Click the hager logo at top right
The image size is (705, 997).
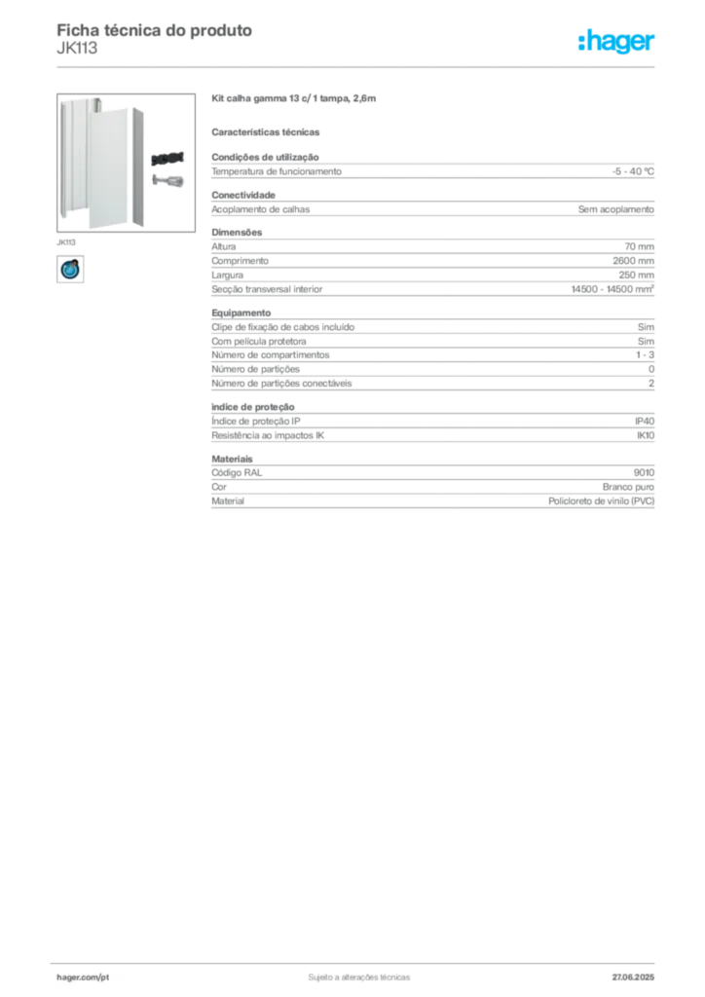[616, 41]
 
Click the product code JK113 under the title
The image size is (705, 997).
[77, 49]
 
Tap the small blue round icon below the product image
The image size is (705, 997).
[70, 269]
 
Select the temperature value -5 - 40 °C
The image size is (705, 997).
[633, 171]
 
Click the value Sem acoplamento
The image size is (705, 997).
[616, 209]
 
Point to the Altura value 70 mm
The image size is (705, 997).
[639, 246]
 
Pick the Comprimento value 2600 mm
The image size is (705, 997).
[633, 261]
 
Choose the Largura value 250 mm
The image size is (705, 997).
[636, 276]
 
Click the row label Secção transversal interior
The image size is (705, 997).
[267, 289]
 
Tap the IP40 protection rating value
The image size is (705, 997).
[645, 421]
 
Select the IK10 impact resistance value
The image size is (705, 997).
[646, 435]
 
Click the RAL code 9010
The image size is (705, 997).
[644, 472]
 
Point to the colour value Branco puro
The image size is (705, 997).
[628, 487]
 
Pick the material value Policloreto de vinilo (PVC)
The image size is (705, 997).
[602, 501]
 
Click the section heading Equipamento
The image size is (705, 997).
[241, 313]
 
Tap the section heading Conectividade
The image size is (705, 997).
[243, 195]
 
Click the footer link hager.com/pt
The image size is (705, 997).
[83, 978]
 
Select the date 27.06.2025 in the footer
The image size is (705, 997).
[633, 978]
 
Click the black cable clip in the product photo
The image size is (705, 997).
[167, 159]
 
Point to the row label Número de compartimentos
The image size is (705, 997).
[270, 354]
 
